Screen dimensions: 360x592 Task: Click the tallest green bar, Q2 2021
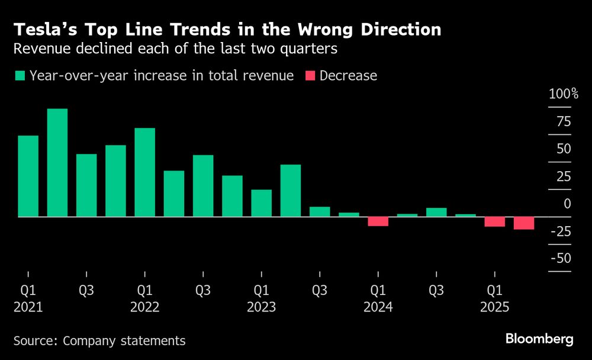pos(57,163)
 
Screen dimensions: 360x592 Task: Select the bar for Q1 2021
pos(28,176)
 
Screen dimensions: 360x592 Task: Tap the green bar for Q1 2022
pos(145,172)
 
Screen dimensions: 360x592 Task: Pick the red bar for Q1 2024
pos(378,221)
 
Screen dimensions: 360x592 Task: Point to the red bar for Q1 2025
pos(494,222)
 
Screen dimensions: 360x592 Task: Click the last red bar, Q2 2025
pos(523,223)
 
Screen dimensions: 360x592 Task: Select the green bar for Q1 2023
pos(261,203)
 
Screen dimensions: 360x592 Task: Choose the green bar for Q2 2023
pos(290,191)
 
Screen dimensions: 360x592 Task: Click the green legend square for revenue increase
pos(20,76)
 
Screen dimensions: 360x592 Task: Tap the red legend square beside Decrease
pos(310,76)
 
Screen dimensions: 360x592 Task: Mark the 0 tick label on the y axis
pos(567,204)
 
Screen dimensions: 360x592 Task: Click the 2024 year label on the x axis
pos(378,307)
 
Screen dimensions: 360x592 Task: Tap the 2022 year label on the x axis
pos(145,307)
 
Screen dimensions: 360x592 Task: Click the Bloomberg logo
pos(539,339)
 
